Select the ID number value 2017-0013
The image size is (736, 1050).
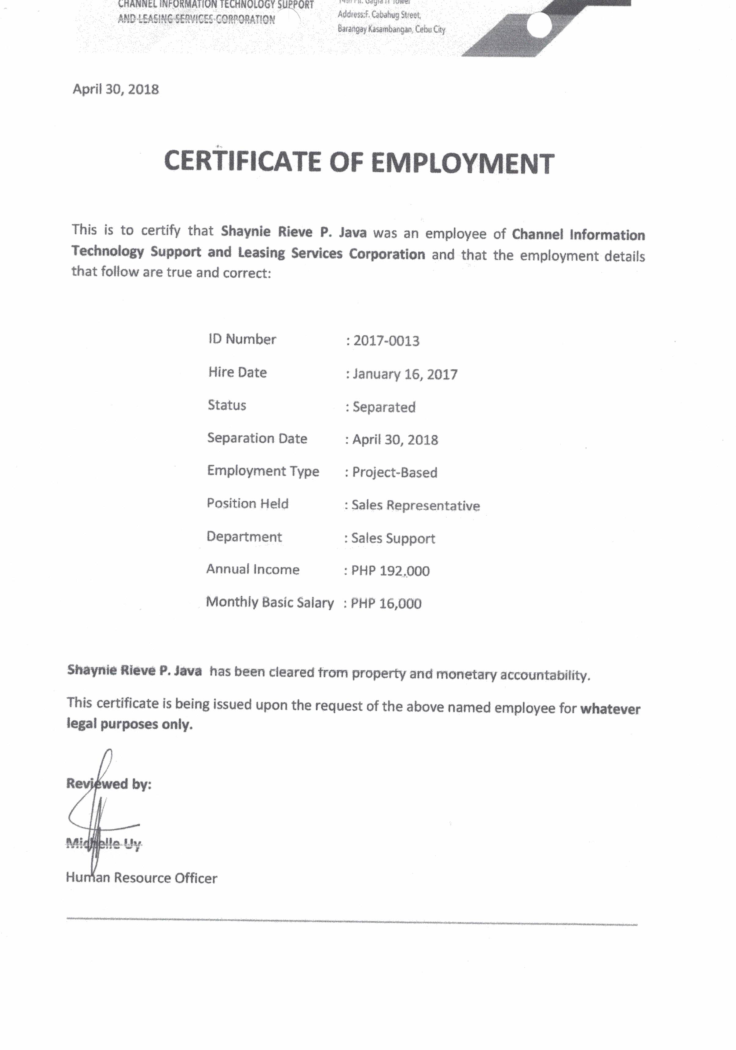coord(386,341)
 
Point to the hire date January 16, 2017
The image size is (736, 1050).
coord(405,374)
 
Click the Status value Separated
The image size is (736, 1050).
coord(384,407)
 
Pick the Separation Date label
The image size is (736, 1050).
coord(257,438)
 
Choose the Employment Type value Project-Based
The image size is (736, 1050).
coord(394,472)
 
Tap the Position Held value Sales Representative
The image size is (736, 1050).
coord(415,505)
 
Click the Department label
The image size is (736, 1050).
coord(244,536)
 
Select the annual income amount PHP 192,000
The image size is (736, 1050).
coord(390,571)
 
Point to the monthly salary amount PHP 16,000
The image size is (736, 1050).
coord(386,604)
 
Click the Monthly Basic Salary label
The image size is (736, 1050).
coord(270,602)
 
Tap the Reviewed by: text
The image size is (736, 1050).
coord(109,784)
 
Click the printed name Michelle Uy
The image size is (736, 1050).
coord(104,844)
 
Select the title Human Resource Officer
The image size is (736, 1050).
coord(142,878)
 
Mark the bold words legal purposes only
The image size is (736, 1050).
coord(130,724)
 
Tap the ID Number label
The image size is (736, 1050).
coord(242,339)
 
